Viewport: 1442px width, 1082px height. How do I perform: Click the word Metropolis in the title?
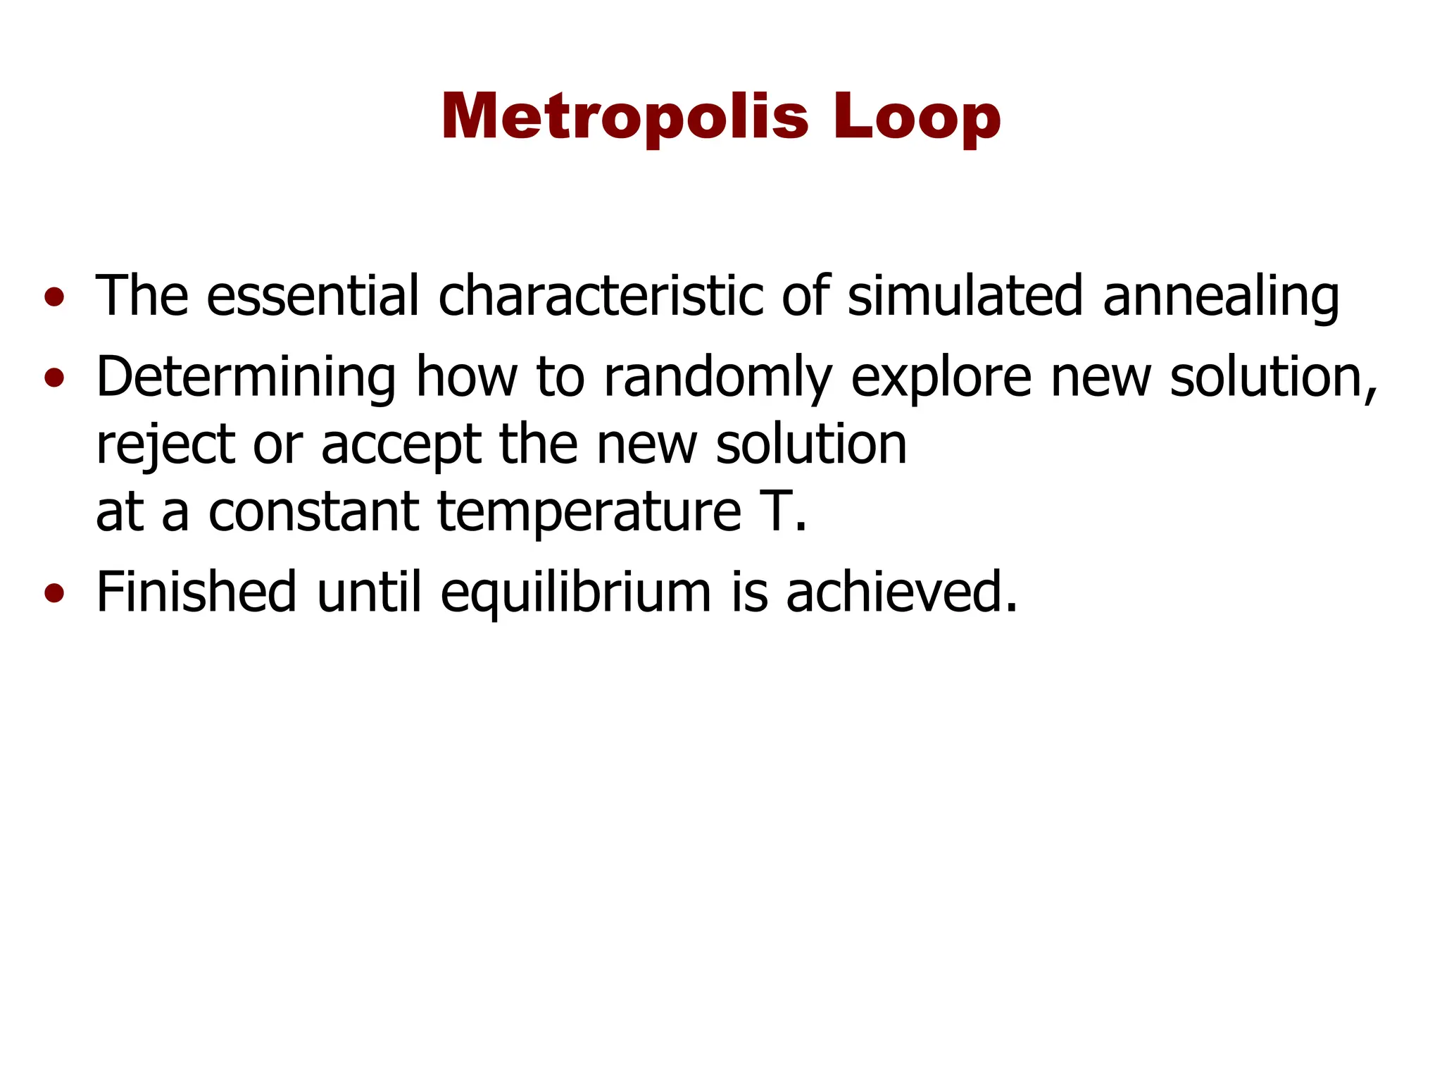coord(625,117)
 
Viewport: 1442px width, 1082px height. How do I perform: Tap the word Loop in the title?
coord(916,117)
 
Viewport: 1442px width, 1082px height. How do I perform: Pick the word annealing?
coord(1220,297)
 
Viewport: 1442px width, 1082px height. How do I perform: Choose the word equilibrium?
coord(575,593)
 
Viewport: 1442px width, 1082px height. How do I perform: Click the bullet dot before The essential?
coord(54,298)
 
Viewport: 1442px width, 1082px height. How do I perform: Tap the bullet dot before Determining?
coord(54,380)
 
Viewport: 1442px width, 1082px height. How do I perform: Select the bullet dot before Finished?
coord(54,594)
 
